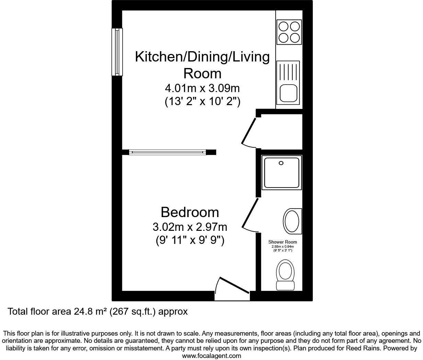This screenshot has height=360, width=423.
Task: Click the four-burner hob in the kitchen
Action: (289, 32)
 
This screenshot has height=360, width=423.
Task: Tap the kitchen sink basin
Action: (288, 93)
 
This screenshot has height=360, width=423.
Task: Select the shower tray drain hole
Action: (281, 163)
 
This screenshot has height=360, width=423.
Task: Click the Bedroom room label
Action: (190, 212)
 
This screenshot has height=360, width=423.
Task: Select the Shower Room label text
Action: (283, 242)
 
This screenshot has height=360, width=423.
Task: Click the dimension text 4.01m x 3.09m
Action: (202, 88)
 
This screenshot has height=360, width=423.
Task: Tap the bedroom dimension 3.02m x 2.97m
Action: (190, 227)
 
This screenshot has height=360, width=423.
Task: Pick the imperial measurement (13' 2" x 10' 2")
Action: (202, 102)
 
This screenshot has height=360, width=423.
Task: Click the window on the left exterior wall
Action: (117, 52)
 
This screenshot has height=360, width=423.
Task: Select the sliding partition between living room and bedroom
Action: (168, 152)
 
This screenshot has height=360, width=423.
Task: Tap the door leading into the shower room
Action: (250, 214)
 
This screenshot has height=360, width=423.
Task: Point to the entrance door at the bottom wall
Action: (232, 287)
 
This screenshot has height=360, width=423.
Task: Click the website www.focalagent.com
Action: (211, 356)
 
